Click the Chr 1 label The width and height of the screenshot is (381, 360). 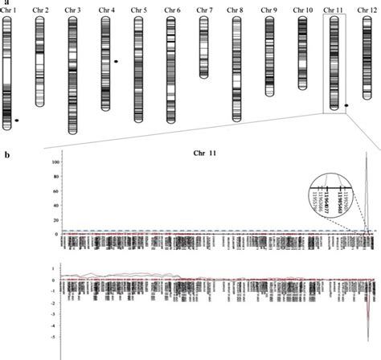click(9, 10)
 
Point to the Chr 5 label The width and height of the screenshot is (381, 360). click(140, 10)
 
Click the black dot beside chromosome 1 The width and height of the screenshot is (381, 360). click(17, 121)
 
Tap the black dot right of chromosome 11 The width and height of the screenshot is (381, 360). click(346, 105)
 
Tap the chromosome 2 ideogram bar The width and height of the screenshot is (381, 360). click(40, 61)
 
